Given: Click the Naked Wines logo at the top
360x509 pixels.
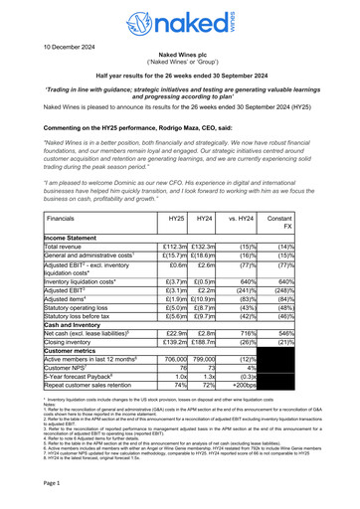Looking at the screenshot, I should tap(179, 22).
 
